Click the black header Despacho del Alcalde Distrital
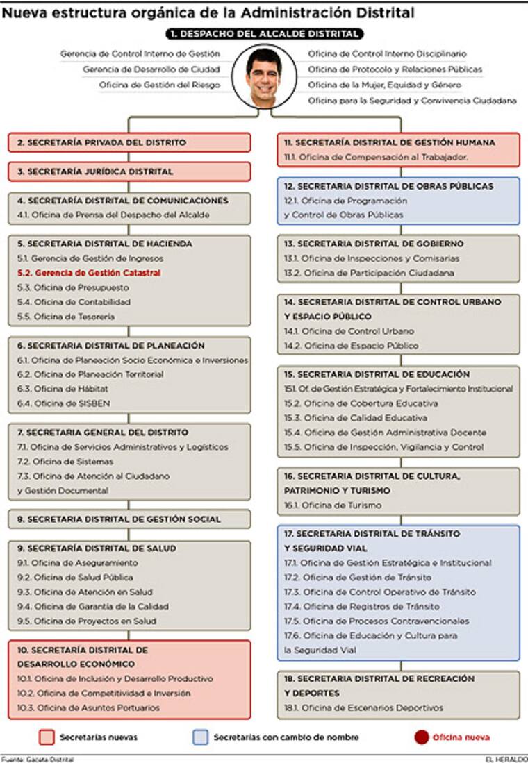pos(265,33)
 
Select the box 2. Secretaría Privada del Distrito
pos(129,142)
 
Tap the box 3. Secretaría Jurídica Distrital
pos(129,171)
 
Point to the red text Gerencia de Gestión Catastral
pos(89,273)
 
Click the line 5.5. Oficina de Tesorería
pos(66,317)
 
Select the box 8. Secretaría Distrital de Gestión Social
pos(129,519)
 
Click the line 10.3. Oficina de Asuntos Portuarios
pos(88,707)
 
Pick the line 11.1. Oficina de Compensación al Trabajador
pos(375,158)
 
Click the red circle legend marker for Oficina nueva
pos(421,737)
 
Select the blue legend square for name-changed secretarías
pos(200,737)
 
